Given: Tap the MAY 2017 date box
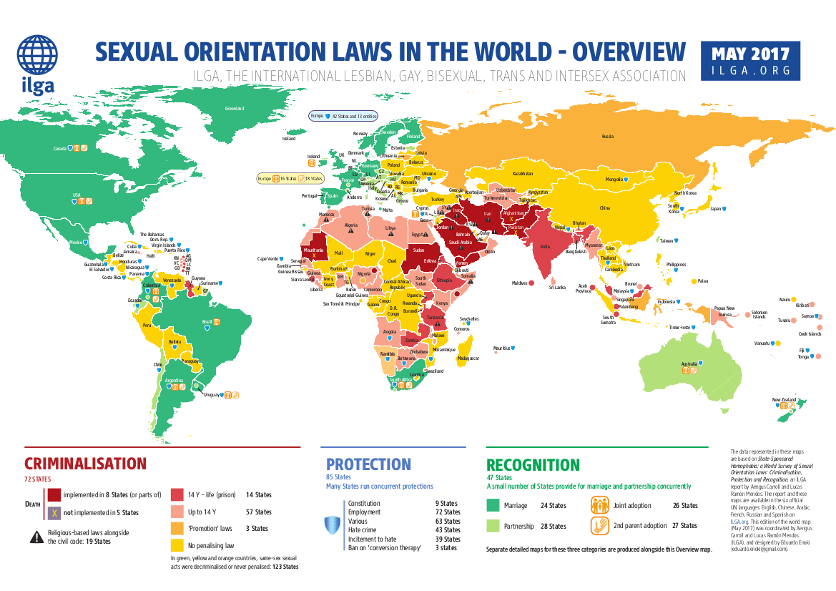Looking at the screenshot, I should pyautogui.click(x=751, y=61).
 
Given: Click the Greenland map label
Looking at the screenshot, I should pyautogui.click(x=235, y=108).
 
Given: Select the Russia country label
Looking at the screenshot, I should pyautogui.click(x=607, y=136).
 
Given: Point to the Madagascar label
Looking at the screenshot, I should pyautogui.click(x=468, y=357).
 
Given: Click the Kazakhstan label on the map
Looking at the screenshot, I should pyautogui.click(x=523, y=174).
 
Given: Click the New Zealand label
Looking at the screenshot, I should pyautogui.click(x=785, y=399).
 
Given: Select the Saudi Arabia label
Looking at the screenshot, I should pyautogui.click(x=459, y=242).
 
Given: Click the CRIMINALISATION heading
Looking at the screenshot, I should pyautogui.click(x=85, y=464).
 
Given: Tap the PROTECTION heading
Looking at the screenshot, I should pyautogui.click(x=368, y=464).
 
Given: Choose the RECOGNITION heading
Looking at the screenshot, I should pyautogui.click(x=533, y=465).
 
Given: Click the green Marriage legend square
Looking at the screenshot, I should pyautogui.click(x=493, y=505).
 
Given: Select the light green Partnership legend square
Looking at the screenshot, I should pyautogui.click(x=493, y=526).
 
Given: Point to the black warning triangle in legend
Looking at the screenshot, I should pyautogui.click(x=36, y=535).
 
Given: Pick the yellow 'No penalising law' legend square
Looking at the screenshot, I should pyautogui.click(x=177, y=544).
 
